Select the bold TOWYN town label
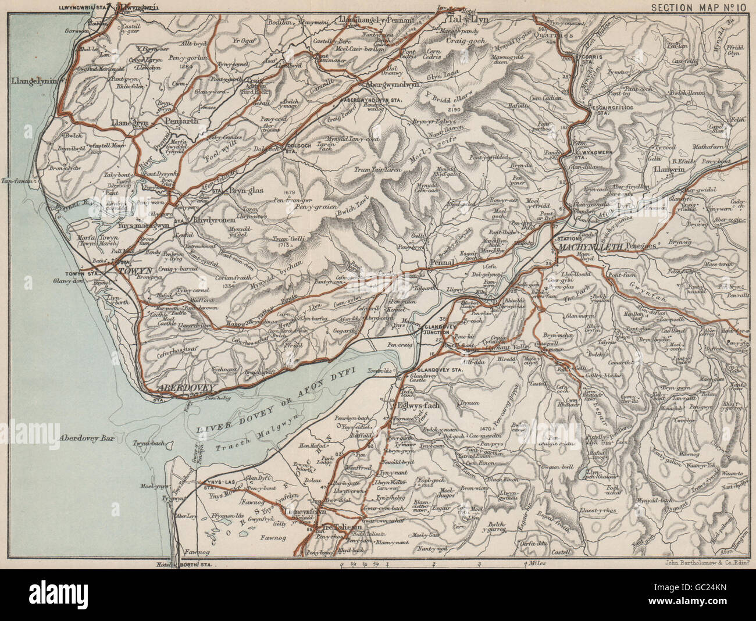tap(134, 272)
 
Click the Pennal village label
tap(441, 263)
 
